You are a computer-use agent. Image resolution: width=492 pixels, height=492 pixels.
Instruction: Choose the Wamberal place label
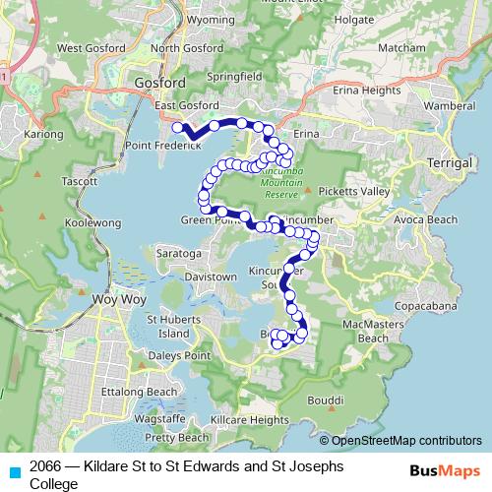pos(451,104)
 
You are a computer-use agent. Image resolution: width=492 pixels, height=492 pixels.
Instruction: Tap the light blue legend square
pos(14,470)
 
